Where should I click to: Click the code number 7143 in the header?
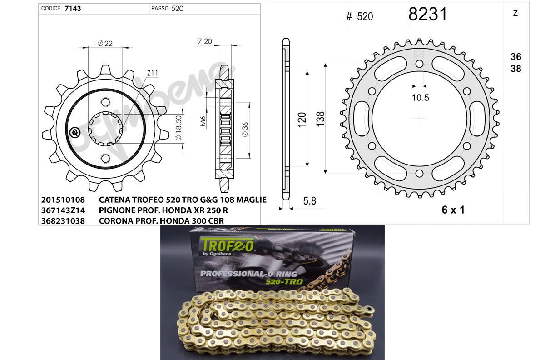73,8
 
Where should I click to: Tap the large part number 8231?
427,14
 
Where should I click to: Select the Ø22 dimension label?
105,44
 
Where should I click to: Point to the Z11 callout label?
153,73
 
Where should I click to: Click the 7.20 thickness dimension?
205,41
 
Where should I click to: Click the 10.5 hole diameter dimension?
420,97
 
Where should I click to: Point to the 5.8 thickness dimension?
309,200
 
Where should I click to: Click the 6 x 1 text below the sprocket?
453,210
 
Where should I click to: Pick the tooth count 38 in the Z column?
515,69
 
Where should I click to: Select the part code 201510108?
63,200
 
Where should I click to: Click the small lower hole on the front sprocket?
105,158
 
